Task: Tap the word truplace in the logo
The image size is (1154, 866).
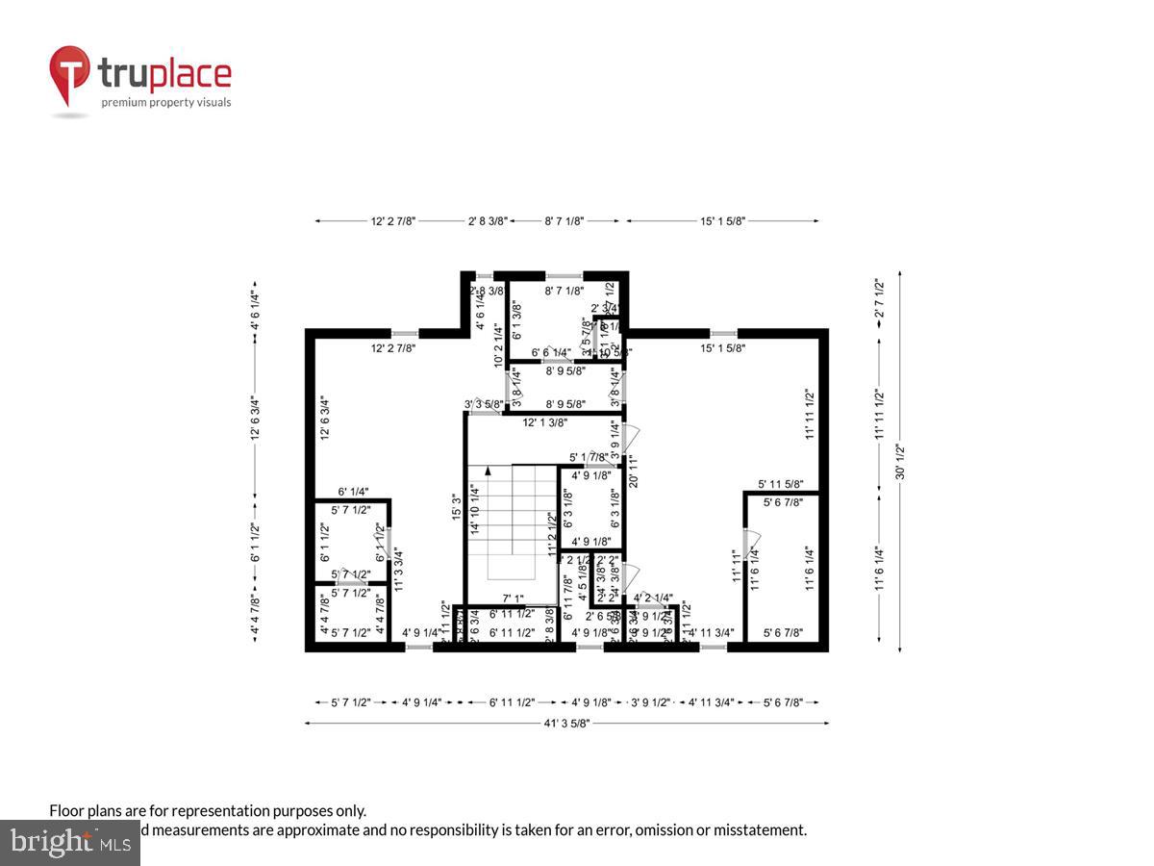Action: (x=163, y=74)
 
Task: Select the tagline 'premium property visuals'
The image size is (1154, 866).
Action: (x=166, y=102)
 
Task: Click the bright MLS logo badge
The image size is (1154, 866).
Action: (x=70, y=842)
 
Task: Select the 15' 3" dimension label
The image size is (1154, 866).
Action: (x=456, y=507)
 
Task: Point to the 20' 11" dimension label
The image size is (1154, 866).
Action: (x=633, y=471)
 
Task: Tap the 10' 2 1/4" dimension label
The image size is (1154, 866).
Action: (x=498, y=344)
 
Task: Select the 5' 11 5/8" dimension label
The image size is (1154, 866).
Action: (x=781, y=484)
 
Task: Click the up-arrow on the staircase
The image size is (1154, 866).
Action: (x=489, y=471)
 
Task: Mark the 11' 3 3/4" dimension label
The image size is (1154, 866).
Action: (x=397, y=568)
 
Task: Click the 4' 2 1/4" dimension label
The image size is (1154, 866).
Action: (x=653, y=597)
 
